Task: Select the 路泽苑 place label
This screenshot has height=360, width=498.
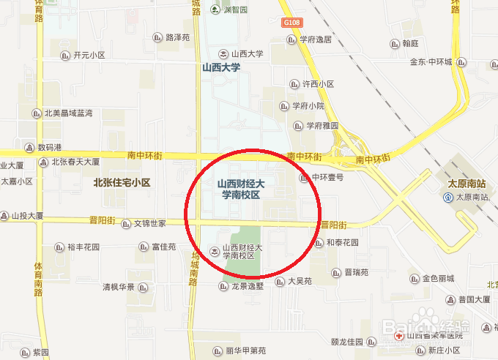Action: pyautogui.click(x=178, y=37)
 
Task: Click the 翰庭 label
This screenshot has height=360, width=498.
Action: pyautogui.click(x=409, y=44)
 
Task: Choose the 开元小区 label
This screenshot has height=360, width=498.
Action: pyautogui.click(x=89, y=55)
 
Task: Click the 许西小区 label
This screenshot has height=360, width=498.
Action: pyautogui.click(x=318, y=84)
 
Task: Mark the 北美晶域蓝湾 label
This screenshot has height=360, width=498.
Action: pyautogui.click(x=68, y=113)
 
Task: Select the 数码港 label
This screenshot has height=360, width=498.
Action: pyautogui.click(x=51, y=146)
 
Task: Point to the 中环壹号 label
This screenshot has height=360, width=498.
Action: pyautogui.click(x=327, y=177)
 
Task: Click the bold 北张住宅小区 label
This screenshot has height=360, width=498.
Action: pyautogui.click(x=122, y=183)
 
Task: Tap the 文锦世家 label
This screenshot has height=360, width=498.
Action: pyautogui.click(x=149, y=222)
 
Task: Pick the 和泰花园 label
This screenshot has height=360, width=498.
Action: pyautogui.click(x=342, y=242)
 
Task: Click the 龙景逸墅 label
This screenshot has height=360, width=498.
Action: pyautogui.click(x=247, y=286)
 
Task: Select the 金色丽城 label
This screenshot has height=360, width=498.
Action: pyautogui.click(x=438, y=278)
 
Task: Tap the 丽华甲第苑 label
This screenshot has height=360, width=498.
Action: pyautogui.click(x=245, y=350)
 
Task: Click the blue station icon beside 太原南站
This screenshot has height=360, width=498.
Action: pyautogui.click(x=448, y=198)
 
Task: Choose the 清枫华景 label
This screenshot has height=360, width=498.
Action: pyautogui.click(x=118, y=287)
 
